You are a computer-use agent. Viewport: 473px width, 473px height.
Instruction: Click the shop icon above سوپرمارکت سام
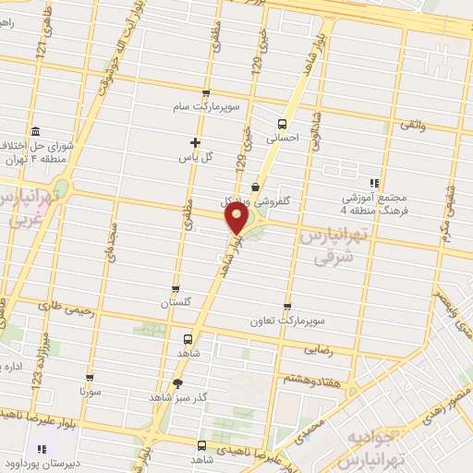point(205,93)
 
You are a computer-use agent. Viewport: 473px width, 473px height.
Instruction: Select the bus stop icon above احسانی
point(282,123)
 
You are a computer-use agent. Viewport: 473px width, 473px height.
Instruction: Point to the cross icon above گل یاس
point(194,142)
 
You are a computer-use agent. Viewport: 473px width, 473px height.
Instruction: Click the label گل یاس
point(196,157)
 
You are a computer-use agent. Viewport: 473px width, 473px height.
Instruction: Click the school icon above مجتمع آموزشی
point(374,183)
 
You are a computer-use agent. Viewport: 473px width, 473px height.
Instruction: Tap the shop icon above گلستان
point(176,289)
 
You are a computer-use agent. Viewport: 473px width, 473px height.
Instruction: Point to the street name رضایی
point(319,350)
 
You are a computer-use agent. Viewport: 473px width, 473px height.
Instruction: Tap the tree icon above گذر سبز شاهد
point(176,383)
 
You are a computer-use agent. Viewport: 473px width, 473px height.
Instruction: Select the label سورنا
point(90,393)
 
